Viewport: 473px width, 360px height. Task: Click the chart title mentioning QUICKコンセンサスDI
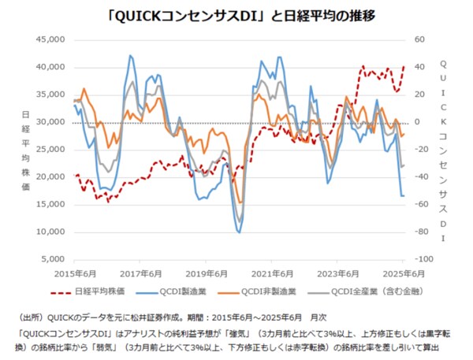[236, 14]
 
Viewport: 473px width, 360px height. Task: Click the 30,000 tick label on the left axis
[50, 122]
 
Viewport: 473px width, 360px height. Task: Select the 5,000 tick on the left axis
[53, 259]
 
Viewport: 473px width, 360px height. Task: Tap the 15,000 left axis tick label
[50, 205]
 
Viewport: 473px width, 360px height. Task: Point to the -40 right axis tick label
[419, 177]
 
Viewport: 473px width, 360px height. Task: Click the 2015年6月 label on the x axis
[74, 273]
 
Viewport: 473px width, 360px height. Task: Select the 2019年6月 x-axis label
[207, 273]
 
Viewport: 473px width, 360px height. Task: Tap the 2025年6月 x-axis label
[404, 273]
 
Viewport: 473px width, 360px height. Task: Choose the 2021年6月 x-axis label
[273, 273]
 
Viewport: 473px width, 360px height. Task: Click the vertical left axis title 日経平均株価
[26, 150]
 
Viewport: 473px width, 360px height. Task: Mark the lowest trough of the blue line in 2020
[239, 232]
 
